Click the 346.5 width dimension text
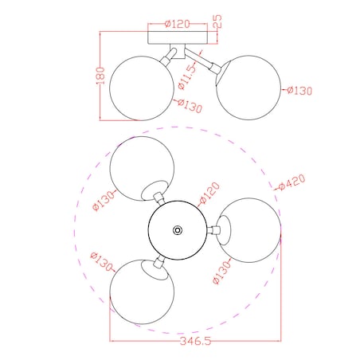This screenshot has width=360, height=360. [x=195, y=341]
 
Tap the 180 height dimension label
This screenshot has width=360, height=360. [x=100, y=76]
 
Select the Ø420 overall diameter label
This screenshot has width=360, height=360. [x=292, y=182]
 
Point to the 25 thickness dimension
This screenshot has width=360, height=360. [x=217, y=22]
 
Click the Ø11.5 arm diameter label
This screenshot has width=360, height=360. [x=187, y=77]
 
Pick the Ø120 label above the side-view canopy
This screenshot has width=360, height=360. [x=178, y=24]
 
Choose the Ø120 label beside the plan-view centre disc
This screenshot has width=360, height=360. [x=209, y=193]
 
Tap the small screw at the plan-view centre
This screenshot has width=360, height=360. [x=178, y=230]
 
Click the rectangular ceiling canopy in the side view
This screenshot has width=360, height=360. [x=178, y=37]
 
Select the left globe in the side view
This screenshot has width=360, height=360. [x=142, y=88]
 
